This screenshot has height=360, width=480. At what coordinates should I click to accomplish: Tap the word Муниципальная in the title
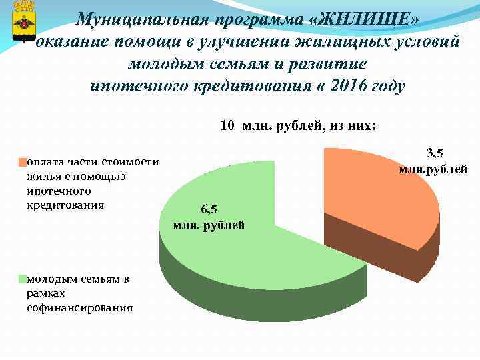coord(137,21)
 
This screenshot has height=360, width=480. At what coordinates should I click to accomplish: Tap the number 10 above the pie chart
coord(227,125)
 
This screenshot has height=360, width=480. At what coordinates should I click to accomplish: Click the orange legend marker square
coord(22,161)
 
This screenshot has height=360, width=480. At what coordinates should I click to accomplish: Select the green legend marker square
coord(22,279)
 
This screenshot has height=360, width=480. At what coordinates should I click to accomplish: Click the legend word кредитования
coord(65,205)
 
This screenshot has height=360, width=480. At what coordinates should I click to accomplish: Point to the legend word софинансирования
coord(79,308)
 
